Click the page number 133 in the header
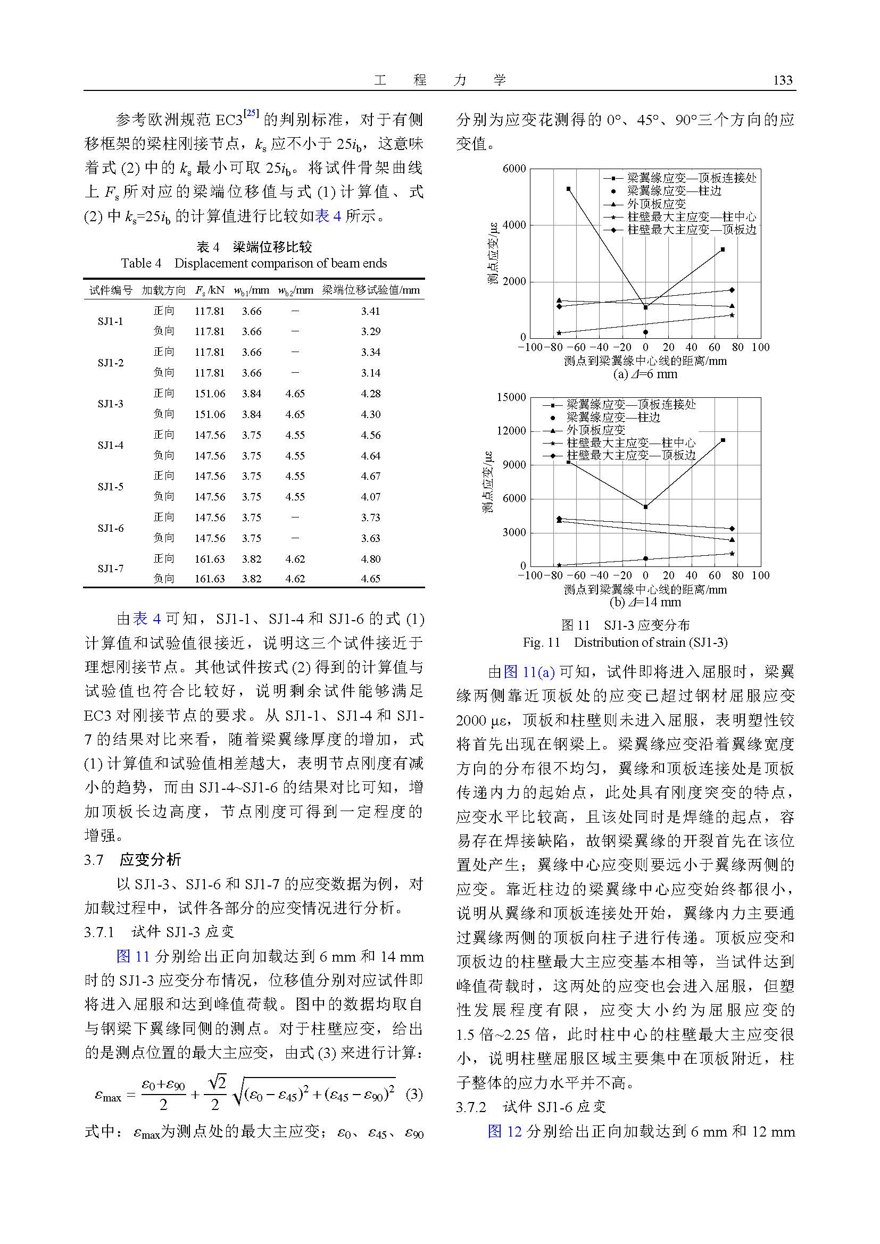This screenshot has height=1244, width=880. point(783,81)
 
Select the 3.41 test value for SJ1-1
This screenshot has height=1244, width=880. point(371,311)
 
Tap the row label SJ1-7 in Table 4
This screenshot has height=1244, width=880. point(111,569)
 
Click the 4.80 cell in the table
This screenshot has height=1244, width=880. point(371,558)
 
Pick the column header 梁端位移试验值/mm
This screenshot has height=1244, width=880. point(371,290)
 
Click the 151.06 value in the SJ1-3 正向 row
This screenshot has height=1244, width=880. point(209,394)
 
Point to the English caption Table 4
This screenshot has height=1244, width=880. point(254,263)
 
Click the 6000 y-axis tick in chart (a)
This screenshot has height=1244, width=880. point(514,169)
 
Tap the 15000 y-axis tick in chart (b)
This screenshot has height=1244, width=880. point(511,397)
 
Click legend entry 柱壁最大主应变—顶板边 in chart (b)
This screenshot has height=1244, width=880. point(631,455)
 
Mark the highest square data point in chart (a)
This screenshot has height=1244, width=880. point(568,189)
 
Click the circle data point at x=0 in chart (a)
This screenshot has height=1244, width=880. point(645,332)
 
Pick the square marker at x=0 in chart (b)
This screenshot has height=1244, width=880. point(645,507)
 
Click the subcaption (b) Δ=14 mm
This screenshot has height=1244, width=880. point(645,602)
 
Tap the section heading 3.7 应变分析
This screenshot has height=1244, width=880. point(133,860)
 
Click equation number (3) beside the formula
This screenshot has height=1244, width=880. point(413,1095)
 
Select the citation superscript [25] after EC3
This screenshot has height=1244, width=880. point(251,113)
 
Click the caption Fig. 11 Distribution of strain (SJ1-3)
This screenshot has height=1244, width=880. point(625,642)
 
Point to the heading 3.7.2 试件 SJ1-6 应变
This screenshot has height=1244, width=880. point(530,1107)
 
